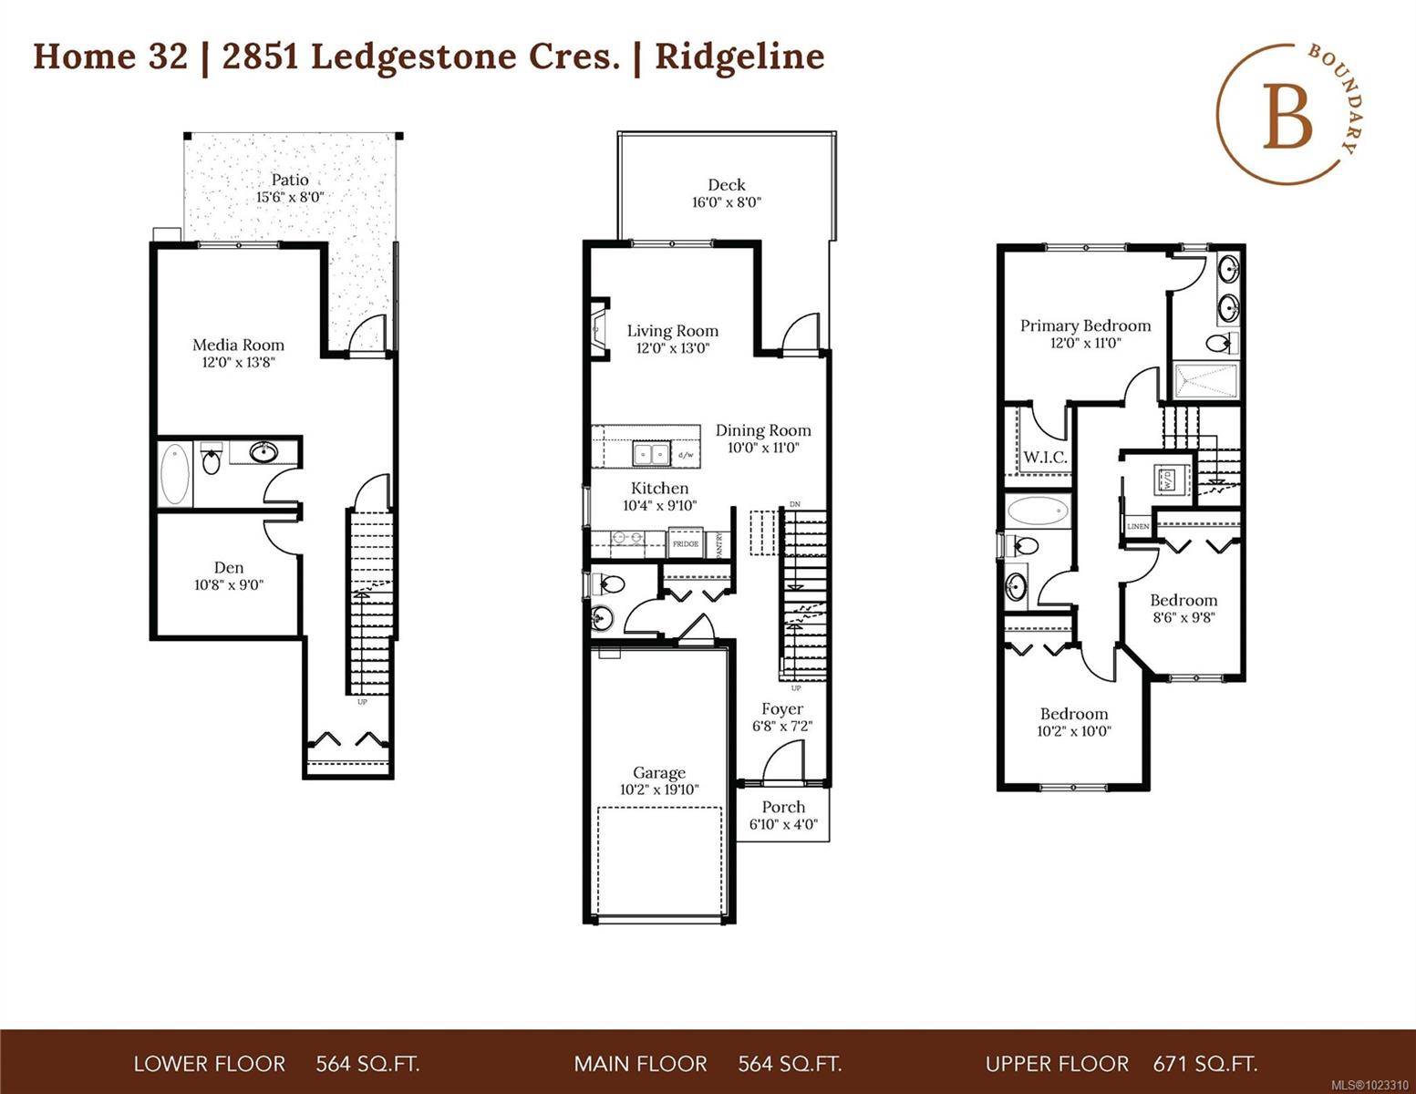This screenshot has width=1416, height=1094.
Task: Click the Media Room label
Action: (238, 346)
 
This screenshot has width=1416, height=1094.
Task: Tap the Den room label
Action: (229, 567)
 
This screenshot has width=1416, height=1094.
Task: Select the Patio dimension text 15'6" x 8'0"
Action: (290, 197)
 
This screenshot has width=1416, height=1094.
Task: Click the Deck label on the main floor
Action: (726, 185)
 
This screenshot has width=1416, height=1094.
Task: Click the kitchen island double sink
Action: (652, 453)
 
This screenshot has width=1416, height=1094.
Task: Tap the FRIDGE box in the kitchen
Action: (686, 544)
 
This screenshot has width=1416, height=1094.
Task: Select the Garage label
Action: (659, 773)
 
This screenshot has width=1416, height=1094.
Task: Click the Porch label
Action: (783, 807)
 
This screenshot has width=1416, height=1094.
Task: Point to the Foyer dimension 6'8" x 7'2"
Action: (782, 727)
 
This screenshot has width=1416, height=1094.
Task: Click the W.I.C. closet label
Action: (1045, 458)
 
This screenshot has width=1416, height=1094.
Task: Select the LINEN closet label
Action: (1138, 527)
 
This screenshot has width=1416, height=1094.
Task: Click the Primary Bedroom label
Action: (1085, 325)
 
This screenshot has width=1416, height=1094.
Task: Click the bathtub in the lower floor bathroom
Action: (175, 475)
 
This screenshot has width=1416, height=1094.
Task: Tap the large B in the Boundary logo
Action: (1287, 116)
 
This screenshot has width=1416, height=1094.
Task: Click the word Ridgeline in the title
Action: (739, 57)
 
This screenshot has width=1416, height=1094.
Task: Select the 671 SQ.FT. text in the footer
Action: (1204, 1063)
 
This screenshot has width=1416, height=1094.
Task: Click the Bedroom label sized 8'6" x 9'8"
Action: (1183, 600)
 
